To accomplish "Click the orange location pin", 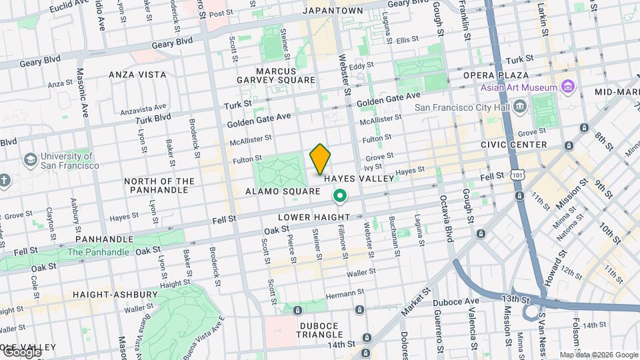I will coord(320,159).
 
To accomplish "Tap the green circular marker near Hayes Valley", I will coord(340,195).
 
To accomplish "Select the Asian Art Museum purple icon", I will coord(567,87).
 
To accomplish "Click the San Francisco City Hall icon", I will coord(519,106).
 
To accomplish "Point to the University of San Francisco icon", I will coord(30,160).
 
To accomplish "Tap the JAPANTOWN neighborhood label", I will coord(333,11).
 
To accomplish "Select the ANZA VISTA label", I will coord(137,75).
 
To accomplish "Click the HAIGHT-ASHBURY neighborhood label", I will coord(117,294).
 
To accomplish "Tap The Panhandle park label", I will coord(97,252).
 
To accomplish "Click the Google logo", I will coord(21,351).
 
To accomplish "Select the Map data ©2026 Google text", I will coord(598,355).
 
